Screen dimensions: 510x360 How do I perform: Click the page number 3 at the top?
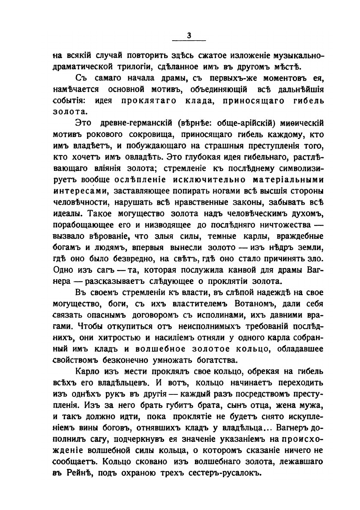tap(189, 36)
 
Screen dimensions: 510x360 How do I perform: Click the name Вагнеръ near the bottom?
tap(290, 426)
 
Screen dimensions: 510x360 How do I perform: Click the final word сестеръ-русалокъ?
tap(225, 472)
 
